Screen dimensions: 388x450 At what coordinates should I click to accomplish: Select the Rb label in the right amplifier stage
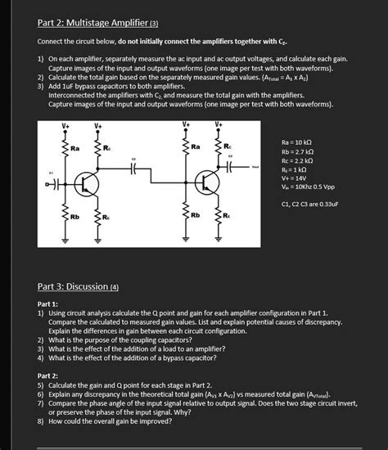tap(195, 215)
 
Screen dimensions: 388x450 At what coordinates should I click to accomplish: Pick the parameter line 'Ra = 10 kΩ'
tap(299, 142)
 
